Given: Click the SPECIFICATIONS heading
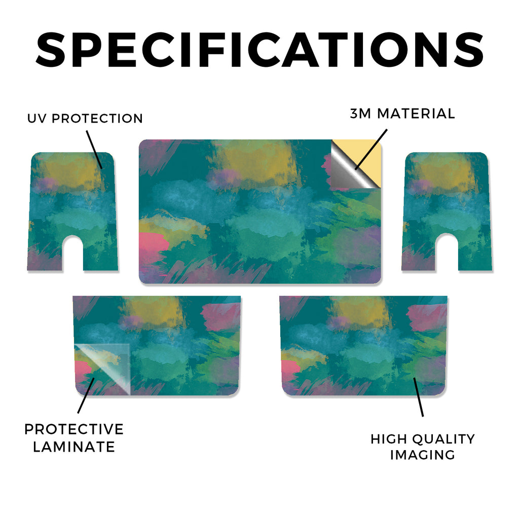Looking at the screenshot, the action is pyautogui.click(x=259, y=50).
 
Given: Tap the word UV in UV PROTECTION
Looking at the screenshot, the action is pyautogui.click(x=37, y=119).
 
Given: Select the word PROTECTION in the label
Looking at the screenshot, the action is pyautogui.click(x=97, y=119).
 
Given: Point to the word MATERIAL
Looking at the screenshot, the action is pyautogui.click(x=416, y=114).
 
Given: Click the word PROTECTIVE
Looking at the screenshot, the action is pyautogui.click(x=74, y=429).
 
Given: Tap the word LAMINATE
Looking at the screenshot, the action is pyautogui.click(x=74, y=447).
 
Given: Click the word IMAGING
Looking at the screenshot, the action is pyautogui.click(x=423, y=455).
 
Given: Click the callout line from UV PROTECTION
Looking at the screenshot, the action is pyautogui.click(x=94, y=150).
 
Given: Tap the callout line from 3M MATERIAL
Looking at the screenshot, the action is pyautogui.click(x=370, y=150).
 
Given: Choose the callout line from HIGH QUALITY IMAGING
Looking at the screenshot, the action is pyautogui.click(x=418, y=396).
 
